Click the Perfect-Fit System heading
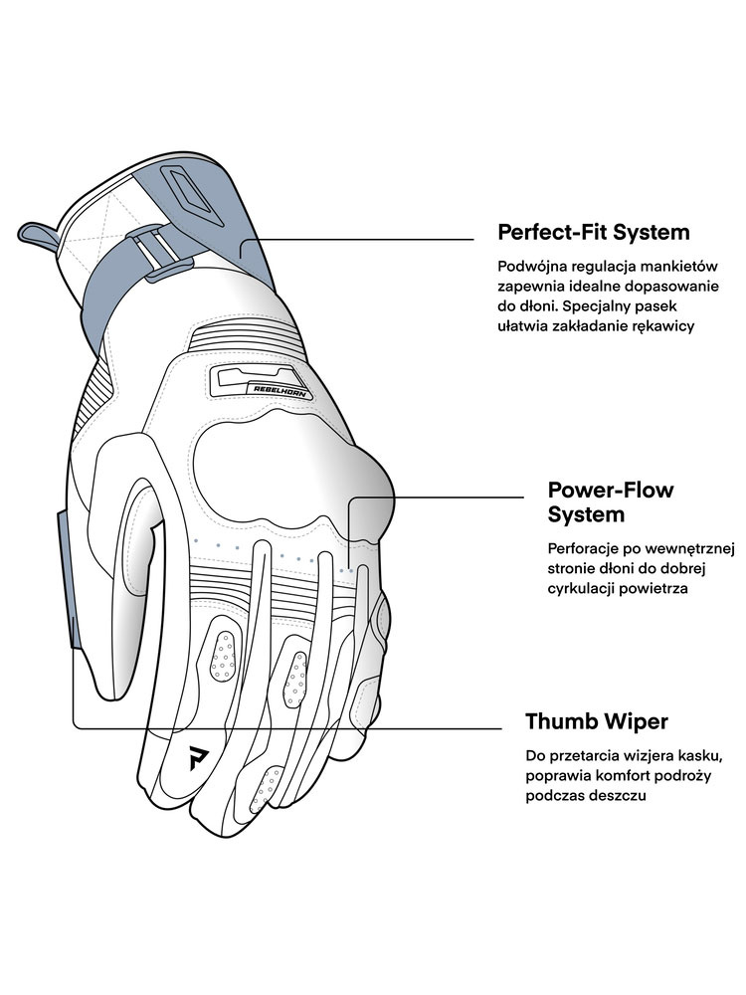[x=593, y=233]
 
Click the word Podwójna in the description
[x=529, y=267]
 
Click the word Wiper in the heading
[x=631, y=720]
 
